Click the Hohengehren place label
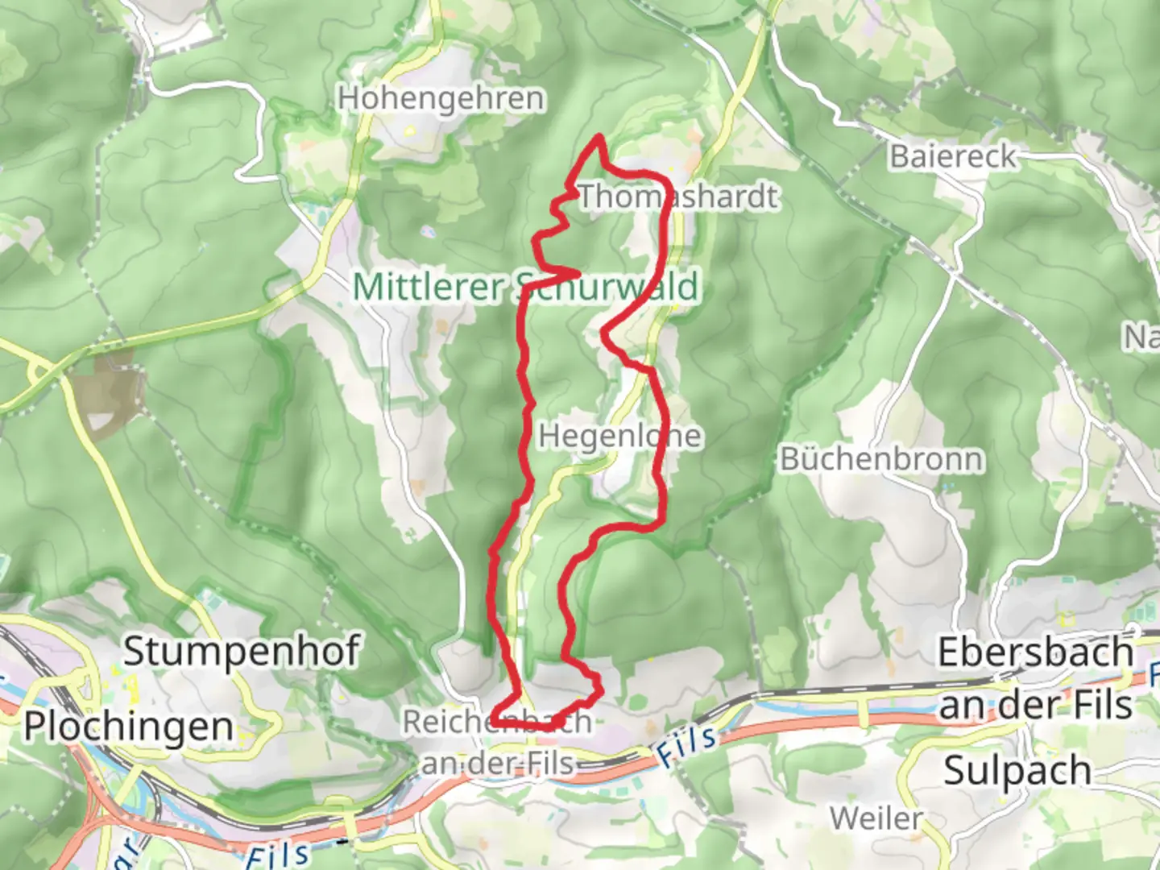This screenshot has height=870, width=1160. point(441,98)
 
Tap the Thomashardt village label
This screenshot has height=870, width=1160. point(679,197)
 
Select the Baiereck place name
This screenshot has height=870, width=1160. point(953,156)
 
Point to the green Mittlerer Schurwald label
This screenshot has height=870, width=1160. point(525,287)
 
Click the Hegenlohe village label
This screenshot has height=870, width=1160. point(619,436)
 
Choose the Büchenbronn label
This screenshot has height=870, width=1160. point(882,459)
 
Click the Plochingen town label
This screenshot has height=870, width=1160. point(129,726)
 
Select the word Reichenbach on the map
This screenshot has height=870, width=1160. point(497,722)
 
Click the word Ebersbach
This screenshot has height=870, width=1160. point(1036,652)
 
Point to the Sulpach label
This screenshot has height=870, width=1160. point(1017,770)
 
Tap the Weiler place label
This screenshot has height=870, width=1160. point(876,818)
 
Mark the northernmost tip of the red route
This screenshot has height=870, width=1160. point(599,138)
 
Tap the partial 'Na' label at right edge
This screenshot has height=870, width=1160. point(1142,336)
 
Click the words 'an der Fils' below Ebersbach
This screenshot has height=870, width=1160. point(1036,706)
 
